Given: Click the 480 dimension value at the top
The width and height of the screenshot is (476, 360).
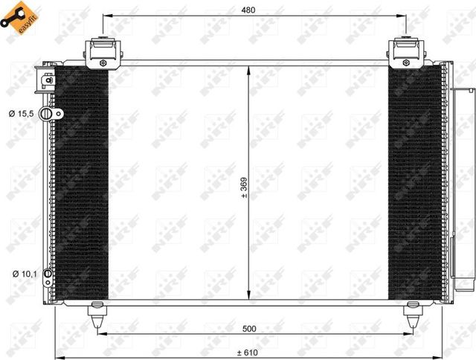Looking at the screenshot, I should (x=248, y=10).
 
